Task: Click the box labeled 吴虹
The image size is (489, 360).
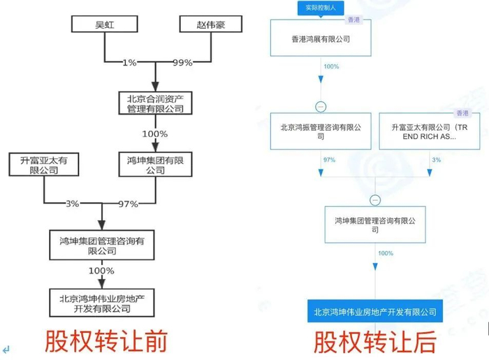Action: click(105, 24)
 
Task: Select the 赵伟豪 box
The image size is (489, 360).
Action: click(211, 24)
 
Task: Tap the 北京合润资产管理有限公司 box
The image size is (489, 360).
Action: click(155, 103)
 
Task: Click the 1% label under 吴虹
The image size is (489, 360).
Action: click(129, 63)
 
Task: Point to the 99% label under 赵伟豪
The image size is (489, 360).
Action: click(183, 63)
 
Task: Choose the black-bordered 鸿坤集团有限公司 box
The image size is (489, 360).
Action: click(155, 164)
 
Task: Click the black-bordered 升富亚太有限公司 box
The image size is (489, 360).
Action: click(43, 164)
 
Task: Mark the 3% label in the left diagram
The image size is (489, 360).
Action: click(73, 203)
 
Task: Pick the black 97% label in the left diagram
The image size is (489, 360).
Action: click(128, 204)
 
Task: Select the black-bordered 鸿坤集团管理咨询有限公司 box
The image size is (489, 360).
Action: click(102, 245)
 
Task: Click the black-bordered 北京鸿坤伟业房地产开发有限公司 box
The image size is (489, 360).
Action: click(102, 303)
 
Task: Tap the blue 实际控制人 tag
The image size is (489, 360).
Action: click(321, 8)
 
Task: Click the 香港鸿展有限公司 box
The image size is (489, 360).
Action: click(321, 38)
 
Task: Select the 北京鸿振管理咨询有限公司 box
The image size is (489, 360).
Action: click(321, 131)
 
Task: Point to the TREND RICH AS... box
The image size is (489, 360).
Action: click(430, 131)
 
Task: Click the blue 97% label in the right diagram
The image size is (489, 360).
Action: click(329, 159)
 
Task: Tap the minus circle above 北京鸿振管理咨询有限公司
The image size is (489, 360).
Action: click(321, 107)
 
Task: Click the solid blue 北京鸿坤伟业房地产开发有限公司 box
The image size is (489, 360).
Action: click(375, 311)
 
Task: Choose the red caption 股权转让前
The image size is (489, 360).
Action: click(106, 341)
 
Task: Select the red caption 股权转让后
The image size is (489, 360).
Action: click(375, 342)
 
